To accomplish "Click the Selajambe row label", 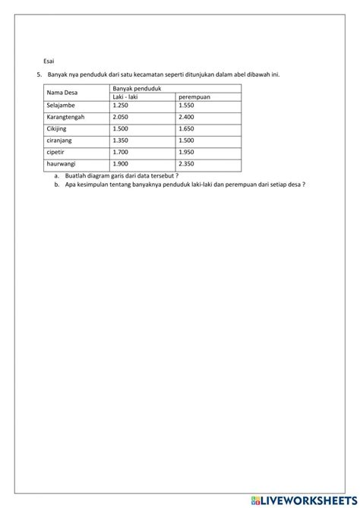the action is tap(60, 106).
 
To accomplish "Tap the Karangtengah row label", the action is tap(65, 117).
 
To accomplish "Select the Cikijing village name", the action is tap(57, 128).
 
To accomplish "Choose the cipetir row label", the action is tap(55, 151).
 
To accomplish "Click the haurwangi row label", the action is tap(61, 162).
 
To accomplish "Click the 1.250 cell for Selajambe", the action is tap(120, 106).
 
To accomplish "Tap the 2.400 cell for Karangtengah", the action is tap(186, 117).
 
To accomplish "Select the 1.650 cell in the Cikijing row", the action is tap(186, 128).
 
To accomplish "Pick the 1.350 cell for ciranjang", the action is tap(120, 140).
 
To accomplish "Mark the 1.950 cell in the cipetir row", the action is tap(186, 151).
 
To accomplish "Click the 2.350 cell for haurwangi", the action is tap(186, 162).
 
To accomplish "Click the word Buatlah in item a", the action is tap(76, 175).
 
